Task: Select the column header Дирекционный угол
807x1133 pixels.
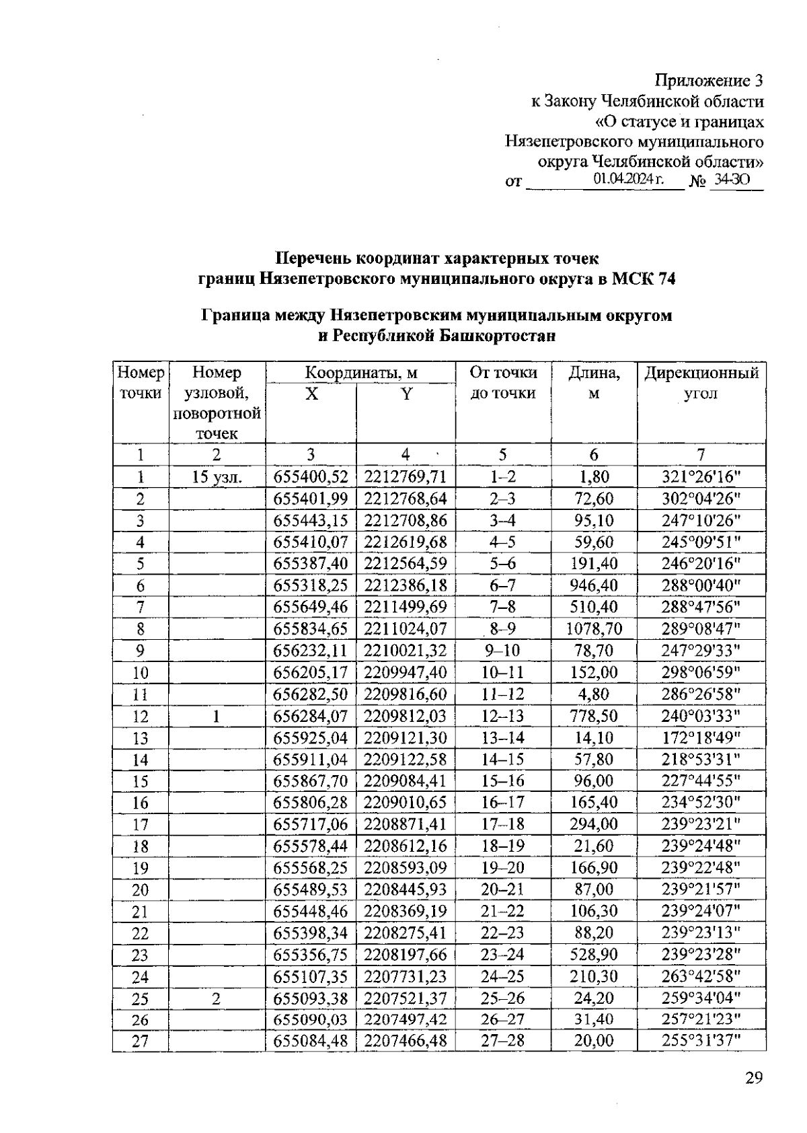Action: pos(701,383)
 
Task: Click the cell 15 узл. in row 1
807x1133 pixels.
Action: pos(217,477)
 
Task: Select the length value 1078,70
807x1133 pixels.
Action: pos(594,629)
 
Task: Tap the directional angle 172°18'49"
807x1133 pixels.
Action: pos(701,738)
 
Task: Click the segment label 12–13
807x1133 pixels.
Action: pos(503,717)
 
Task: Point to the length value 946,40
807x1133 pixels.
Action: pos(594,585)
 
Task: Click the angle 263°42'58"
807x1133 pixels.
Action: pos(701,976)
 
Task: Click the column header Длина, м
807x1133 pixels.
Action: pos(594,383)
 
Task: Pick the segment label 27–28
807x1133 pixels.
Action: pos(503,1041)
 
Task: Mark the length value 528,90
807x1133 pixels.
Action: pos(594,955)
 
